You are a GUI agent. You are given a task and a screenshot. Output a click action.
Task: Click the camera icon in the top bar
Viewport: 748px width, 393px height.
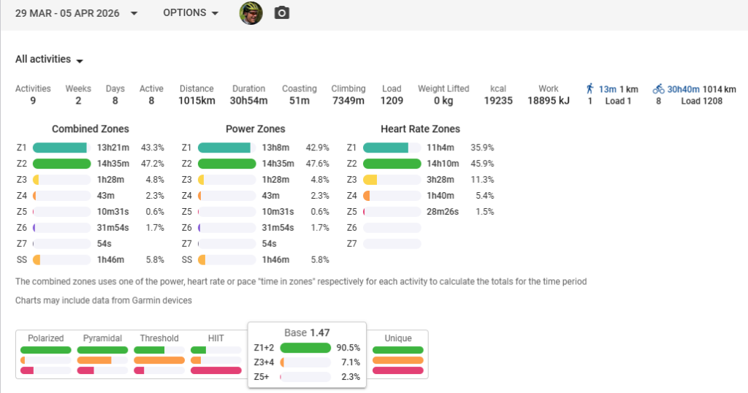tap(281, 13)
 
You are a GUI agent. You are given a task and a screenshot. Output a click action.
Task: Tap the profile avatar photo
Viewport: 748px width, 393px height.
tap(251, 13)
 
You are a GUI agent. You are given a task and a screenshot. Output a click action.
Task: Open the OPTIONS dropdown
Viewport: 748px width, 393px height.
tap(191, 13)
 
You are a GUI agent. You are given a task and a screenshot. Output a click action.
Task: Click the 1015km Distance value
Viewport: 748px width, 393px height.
tap(196, 101)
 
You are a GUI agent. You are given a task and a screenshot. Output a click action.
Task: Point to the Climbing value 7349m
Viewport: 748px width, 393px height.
tap(348, 101)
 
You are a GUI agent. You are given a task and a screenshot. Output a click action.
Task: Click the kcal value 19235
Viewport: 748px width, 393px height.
tap(498, 101)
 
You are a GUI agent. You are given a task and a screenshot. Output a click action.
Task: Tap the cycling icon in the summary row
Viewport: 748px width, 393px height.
tap(658, 88)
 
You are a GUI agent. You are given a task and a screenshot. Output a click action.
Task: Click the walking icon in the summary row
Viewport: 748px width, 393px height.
tap(589, 88)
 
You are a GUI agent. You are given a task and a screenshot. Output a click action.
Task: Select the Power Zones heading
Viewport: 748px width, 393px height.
tap(255, 129)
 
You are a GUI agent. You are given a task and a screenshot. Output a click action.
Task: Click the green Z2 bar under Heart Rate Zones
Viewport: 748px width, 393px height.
tap(392, 164)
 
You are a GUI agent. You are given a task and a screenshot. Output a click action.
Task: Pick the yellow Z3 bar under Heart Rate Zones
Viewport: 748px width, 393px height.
tap(370, 180)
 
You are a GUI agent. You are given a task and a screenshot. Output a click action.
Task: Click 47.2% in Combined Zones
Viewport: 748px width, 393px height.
tap(153, 164)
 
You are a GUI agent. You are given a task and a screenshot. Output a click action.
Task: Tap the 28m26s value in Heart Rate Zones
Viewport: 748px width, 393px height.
tap(443, 212)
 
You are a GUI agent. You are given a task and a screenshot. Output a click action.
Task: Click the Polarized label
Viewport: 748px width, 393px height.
tap(46, 338)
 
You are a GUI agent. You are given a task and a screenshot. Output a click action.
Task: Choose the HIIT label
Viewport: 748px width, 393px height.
tap(215, 338)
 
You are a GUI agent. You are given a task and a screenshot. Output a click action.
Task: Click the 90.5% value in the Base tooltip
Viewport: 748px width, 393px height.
tap(348, 348)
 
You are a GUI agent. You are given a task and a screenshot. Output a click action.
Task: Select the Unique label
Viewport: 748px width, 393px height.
tap(398, 338)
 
